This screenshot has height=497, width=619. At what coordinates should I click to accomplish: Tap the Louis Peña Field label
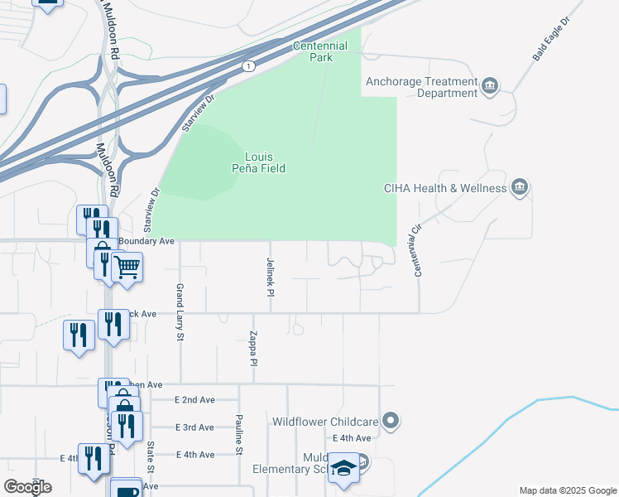tap(265, 162)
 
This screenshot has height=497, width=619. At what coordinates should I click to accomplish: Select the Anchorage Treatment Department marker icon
tap(490, 84)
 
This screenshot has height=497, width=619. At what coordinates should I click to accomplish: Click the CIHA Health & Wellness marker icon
tap(519, 187)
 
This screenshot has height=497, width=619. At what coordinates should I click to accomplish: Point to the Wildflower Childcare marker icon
tap(391, 422)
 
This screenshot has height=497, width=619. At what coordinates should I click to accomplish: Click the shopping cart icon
tap(127, 268)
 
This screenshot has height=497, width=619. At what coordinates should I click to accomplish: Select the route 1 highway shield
tap(247, 65)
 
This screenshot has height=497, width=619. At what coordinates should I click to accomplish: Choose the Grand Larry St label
tap(179, 311)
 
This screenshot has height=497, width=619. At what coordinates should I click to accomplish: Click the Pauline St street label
tap(238, 434)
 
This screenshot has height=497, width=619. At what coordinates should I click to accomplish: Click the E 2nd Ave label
tap(194, 399)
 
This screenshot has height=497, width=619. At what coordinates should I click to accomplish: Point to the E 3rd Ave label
tap(194, 427)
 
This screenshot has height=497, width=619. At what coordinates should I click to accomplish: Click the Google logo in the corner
tap(28, 487)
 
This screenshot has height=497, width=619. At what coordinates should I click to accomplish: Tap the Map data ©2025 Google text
tap(567, 490)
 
